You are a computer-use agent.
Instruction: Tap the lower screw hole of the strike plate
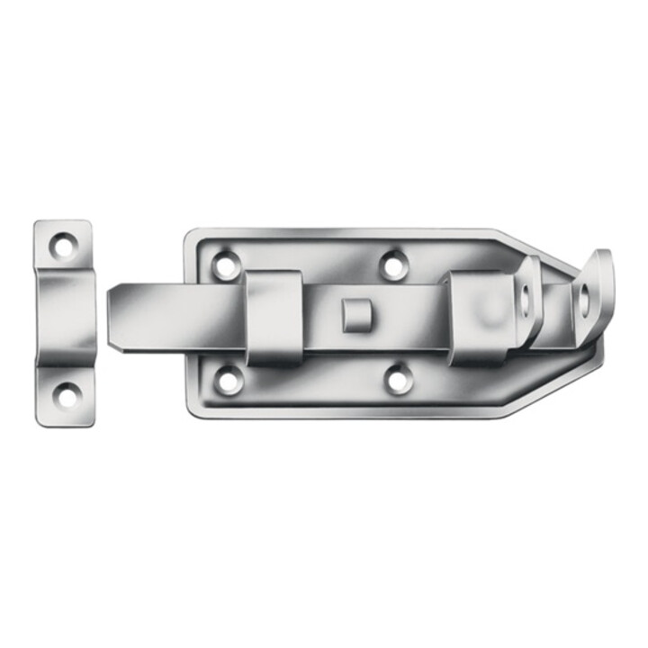click(x=65, y=392)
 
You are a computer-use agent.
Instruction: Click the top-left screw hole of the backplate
click(x=225, y=265)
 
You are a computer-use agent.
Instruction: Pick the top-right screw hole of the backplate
click(x=391, y=265)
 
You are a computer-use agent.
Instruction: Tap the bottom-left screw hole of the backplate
click(x=229, y=380)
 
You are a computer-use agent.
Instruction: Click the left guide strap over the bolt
click(x=274, y=317)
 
